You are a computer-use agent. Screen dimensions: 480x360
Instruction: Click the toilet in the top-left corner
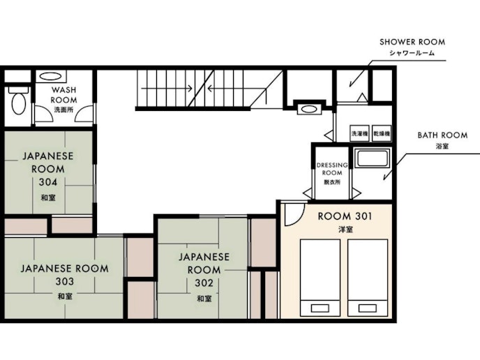(x=18, y=100)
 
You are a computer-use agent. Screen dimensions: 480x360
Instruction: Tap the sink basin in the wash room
(x=50, y=76)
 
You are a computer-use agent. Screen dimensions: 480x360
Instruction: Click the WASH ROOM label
(x=63, y=95)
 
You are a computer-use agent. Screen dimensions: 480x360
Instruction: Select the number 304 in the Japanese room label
(x=48, y=182)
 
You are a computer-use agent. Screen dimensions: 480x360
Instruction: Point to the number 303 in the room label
(x=65, y=281)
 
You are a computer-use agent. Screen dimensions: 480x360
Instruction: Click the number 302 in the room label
(x=204, y=283)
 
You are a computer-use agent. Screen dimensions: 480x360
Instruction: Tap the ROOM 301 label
(x=345, y=216)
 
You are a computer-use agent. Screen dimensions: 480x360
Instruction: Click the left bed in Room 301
(x=320, y=278)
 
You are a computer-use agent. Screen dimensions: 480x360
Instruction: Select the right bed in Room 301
(x=368, y=278)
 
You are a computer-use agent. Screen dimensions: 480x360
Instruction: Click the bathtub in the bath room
(x=372, y=158)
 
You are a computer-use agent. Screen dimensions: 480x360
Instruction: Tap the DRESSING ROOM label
(x=332, y=169)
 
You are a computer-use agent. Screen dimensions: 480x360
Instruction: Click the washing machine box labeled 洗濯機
(x=359, y=133)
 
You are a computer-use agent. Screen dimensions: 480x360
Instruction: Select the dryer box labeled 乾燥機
(x=382, y=133)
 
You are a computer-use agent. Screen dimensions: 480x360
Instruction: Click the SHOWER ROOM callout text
(x=412, y=42)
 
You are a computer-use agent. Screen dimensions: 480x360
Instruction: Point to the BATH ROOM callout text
(x=442, y=135)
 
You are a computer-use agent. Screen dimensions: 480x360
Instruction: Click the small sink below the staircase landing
(x=309, y=110)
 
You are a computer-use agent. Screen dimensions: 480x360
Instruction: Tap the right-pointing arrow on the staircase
(x=167, y=89)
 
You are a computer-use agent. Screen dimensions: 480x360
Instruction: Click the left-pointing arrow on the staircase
(x=237, y=89)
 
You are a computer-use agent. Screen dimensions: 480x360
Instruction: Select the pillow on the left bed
(x=320, y=308)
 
